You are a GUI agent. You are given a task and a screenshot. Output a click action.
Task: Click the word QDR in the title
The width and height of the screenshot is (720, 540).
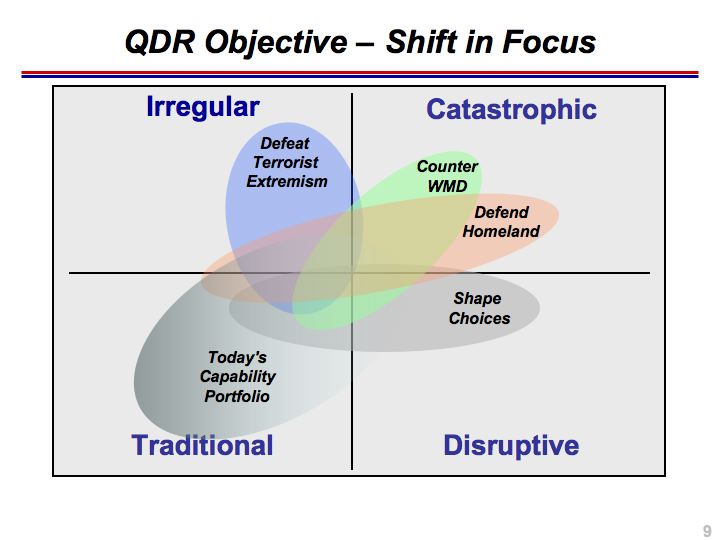[x=160, y=42]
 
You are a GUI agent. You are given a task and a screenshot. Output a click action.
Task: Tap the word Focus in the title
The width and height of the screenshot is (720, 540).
[x=549, y=42]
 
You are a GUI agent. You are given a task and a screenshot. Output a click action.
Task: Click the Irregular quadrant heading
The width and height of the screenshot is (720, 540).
[x=203, y=107]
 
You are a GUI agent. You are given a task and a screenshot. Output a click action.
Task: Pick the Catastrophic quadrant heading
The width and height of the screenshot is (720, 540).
[x=512, y=109]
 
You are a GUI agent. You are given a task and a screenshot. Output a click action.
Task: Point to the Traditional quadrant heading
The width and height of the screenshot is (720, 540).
[x=202, y=445]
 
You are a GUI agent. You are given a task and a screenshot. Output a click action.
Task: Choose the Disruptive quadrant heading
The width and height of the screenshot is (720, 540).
[x=511, y=445]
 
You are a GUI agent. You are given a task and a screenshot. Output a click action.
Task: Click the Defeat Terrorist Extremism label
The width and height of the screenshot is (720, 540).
[x=287, y=162]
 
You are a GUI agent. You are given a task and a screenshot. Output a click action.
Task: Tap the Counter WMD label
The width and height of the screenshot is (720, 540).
[x=447, y=176]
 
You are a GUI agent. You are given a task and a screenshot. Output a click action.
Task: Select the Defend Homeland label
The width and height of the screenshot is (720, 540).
[x=501, y=221]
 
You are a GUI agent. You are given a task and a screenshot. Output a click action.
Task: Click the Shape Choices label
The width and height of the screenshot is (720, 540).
[x=479, y=308]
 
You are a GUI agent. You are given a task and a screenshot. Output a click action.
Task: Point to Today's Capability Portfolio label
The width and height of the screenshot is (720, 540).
[x=237, y=377]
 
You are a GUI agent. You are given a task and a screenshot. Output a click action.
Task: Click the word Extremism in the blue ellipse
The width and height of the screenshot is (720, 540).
[x=287, y=181]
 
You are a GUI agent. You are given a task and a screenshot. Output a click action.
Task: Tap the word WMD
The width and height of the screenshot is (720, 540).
[x=447, y=186]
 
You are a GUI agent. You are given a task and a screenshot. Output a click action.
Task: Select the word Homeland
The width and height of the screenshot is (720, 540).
[x=501, y=231]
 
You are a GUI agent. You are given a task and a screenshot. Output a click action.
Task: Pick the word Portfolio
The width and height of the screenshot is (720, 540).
[x=237, y=396]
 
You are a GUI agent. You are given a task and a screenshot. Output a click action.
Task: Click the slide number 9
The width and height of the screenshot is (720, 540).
[x=707, y=530]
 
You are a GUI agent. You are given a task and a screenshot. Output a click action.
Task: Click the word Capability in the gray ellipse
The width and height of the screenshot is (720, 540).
[x=237, y=377]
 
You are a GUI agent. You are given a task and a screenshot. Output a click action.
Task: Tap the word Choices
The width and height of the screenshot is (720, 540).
[x=479, y=318]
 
